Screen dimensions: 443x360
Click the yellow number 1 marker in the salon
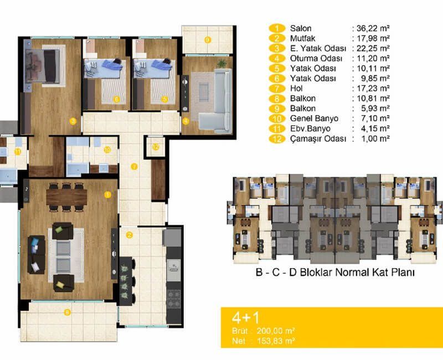point(107,195)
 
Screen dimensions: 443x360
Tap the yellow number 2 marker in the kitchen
point(129,235)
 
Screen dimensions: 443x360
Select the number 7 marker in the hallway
point(134,167)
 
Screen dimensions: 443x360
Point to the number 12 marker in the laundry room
point(156,147)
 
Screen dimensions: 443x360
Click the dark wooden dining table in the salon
point(66,197)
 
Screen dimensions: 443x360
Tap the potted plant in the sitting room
point(222,63)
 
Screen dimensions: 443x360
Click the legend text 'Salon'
point(301,28)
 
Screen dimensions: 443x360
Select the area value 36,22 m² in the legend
point(373,28)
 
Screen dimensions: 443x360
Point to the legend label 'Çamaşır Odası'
point(318,139)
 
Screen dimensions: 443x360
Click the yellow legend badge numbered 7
point(277,89)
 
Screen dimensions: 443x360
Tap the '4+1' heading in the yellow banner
point(245,318)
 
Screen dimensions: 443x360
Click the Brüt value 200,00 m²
point(276,331)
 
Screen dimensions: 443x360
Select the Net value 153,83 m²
point(276,341)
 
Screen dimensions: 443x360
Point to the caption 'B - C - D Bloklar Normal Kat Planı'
point(335,272)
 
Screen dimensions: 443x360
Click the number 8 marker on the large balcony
point(67,312)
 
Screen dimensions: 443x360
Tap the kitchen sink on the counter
point(174,267)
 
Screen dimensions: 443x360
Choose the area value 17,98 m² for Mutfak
point(373,38)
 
